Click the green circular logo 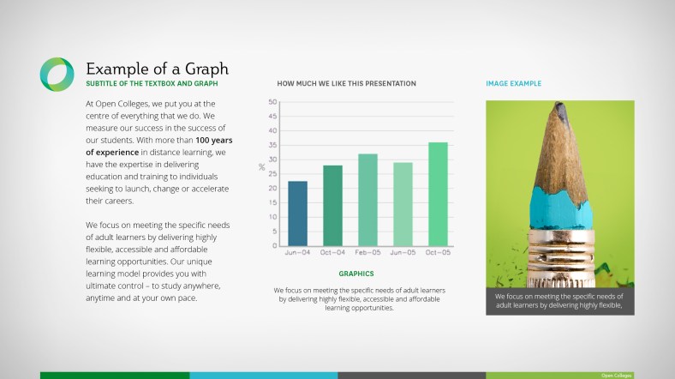(57, 74)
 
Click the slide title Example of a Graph (157, 69)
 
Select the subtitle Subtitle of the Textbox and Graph (152, 83)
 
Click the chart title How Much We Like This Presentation (347, 83)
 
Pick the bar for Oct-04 (332, 205)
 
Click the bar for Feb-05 (367, 200)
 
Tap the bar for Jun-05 (403, 203)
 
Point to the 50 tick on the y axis (272, 102)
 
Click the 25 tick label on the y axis (272, 174)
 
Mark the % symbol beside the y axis (262, 167)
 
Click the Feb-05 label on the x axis (367, 253)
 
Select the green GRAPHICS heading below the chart (355, 274)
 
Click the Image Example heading (513, 83)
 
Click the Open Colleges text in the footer (616, 376)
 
